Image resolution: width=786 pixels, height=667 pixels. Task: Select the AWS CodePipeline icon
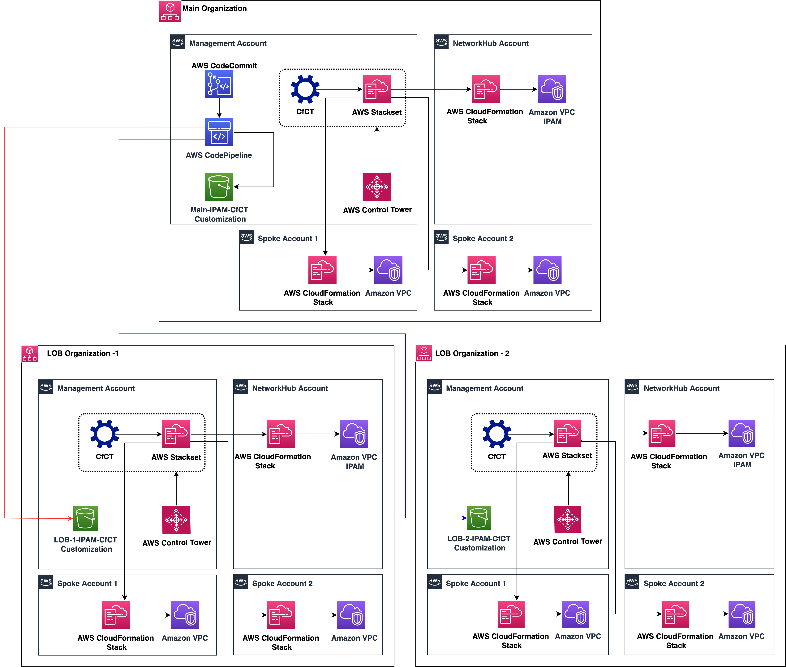tap(219, 132)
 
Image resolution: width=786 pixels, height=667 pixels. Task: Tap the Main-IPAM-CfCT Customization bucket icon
tap(219, 187)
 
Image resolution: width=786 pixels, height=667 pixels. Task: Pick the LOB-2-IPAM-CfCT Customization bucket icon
tap(479, 517)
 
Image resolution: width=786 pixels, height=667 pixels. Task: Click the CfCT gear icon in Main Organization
tap(305, 89)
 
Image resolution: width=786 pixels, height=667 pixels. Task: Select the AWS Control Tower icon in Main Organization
tap(377, 187)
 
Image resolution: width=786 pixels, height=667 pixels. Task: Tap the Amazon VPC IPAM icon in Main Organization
tap(552, 89)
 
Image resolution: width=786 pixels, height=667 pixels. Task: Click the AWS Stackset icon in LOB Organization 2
tap(567, 433)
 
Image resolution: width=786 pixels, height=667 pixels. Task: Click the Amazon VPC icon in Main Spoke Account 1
tap(388, 270)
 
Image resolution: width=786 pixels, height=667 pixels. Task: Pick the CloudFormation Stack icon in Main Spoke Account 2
tap(481, 270)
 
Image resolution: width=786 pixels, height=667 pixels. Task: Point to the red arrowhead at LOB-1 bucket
tap(71, 518)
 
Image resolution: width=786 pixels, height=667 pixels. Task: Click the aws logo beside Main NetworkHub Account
tap(441, 42)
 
